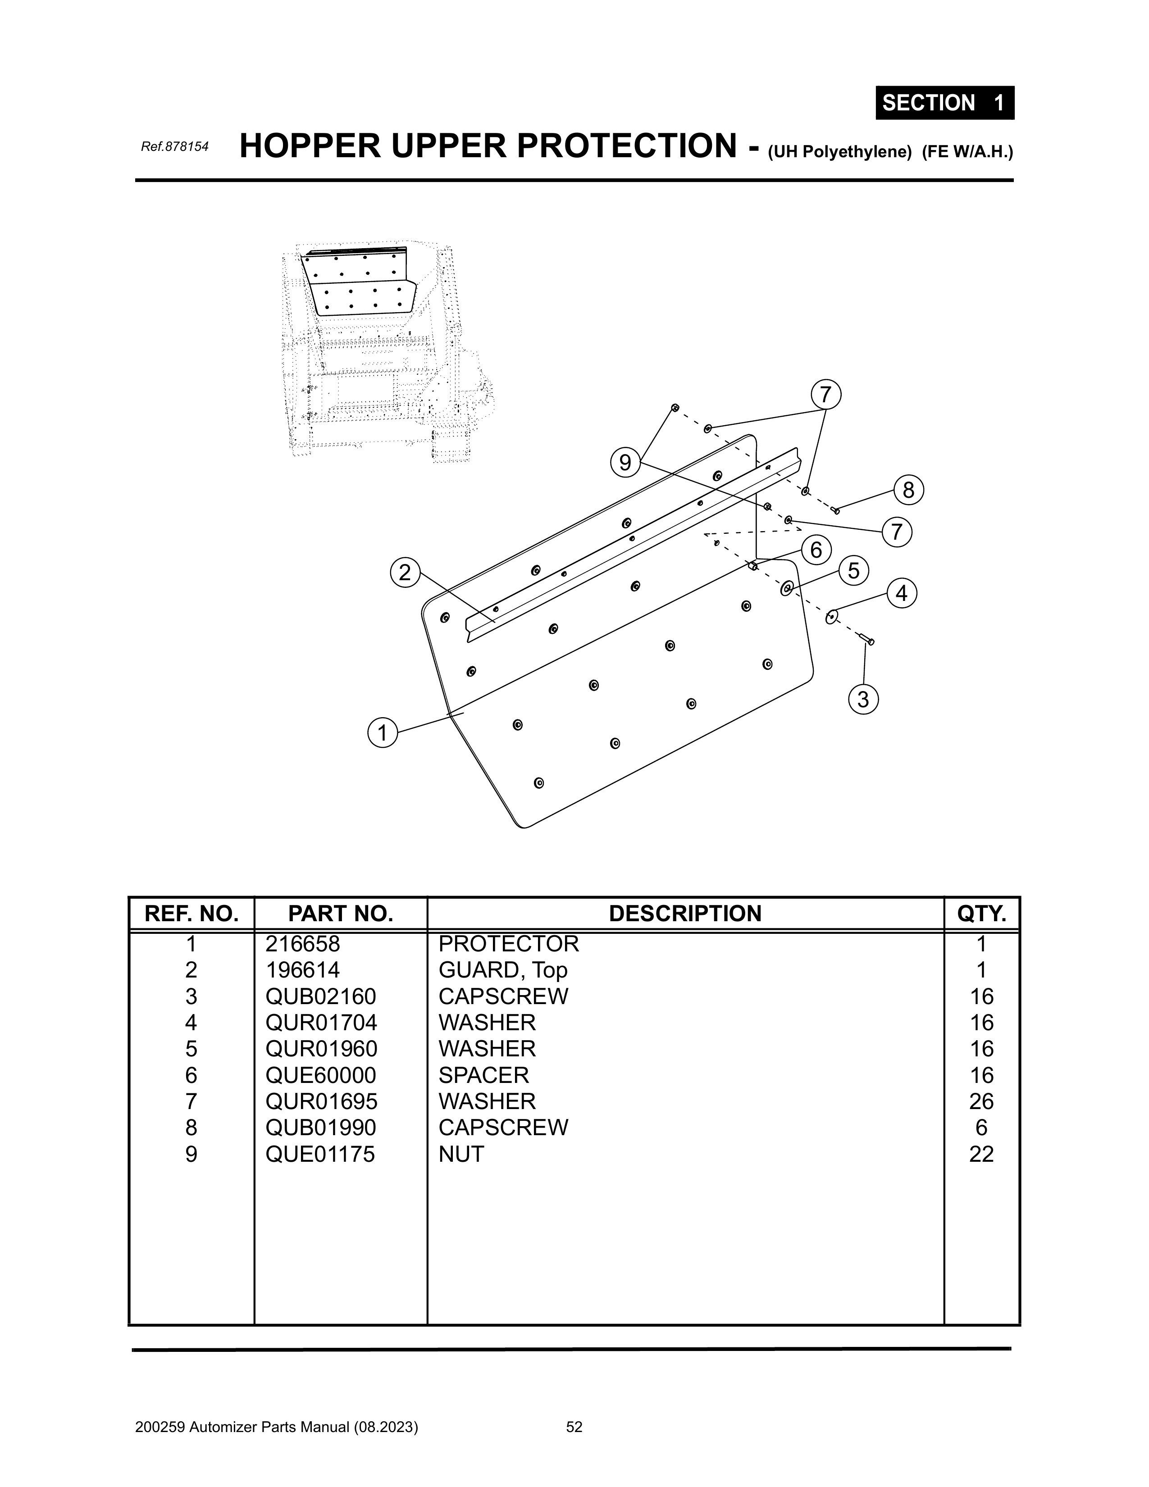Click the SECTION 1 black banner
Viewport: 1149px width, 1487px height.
click(x=944, y=103)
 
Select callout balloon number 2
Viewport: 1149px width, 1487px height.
click(x=405, y=573)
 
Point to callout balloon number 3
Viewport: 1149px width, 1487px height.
click(x=863, y=699)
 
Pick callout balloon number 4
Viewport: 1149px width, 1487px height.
click(x=901, y=594)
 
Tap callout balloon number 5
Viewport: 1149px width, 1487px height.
click(x=853, y=571)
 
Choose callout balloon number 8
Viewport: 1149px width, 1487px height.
click(x=908, y=490)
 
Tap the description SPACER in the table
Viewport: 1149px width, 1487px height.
click(x=483, y=1075)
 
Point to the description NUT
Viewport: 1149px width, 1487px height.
click(x=461, y=1154)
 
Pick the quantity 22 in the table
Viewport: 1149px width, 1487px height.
click(x=981, y=1154)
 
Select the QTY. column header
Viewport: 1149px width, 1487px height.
click(x=981, y=914)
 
